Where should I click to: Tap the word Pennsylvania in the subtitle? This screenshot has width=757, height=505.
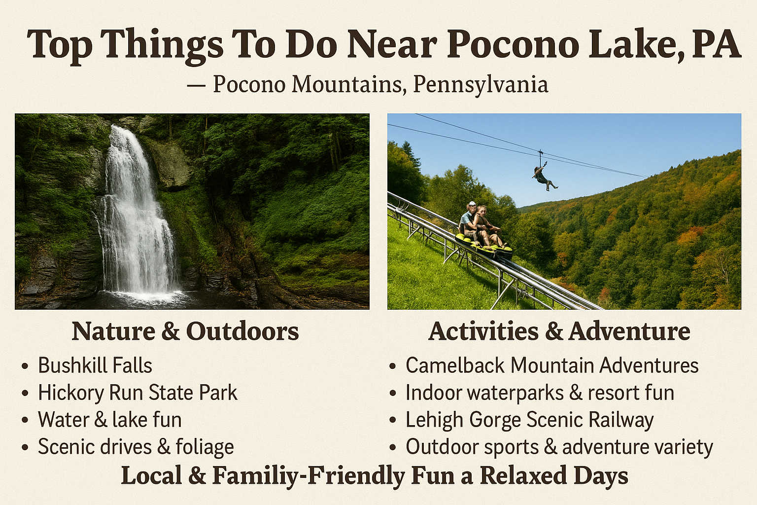coord(481,84)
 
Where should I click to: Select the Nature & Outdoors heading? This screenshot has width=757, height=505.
coord(185,331)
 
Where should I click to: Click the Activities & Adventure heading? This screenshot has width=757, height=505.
coord(559,331)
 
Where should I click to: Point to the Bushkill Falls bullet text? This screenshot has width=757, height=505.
coord(95,365)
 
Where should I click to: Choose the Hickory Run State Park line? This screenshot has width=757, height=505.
coord(138,393)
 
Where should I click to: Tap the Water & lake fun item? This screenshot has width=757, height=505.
coord(110,420)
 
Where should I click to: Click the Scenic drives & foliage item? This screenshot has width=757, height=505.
coord(136,447)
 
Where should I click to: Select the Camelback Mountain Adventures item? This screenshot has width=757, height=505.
coord(552,365)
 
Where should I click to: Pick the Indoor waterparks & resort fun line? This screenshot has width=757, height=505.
coord(540,393)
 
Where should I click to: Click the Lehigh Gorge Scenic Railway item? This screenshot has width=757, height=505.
coord(529,420)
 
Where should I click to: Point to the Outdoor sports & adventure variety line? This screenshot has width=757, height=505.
coord(559,447)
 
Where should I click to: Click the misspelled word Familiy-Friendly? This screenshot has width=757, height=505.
coord(309,476)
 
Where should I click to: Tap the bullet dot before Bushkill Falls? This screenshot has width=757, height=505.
coord(25,366)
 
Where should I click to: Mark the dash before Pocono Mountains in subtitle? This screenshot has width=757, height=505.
coord(196,85)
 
